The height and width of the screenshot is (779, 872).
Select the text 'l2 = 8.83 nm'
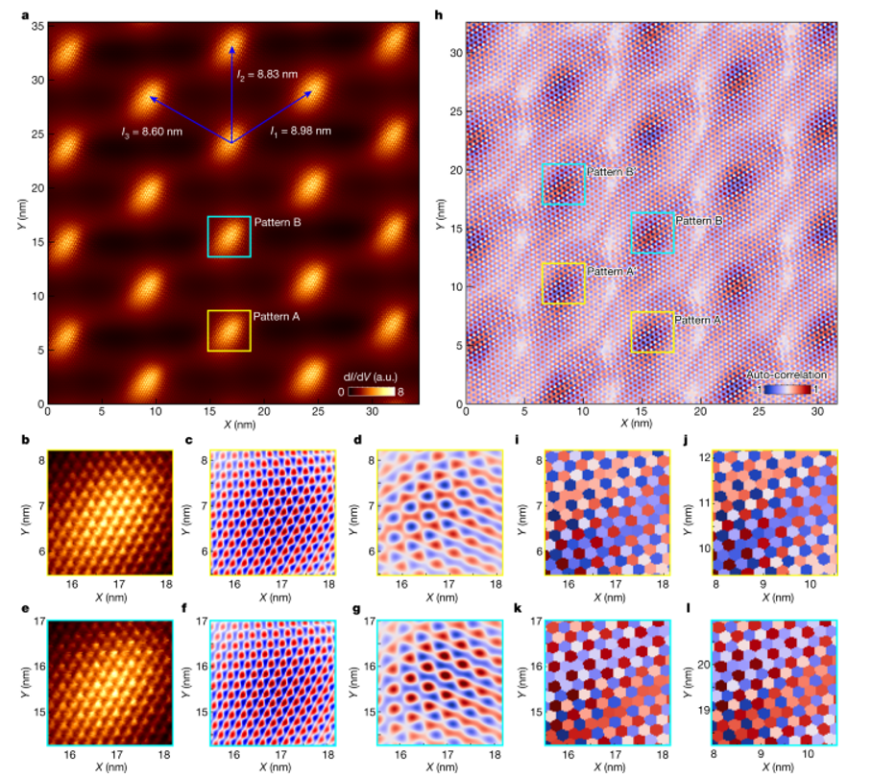click(x=267, y=74)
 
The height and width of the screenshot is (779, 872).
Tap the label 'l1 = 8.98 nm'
click(x=302, y=130)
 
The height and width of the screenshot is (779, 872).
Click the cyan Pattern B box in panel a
click(x=229, y=236)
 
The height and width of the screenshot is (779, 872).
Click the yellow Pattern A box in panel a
click(x=229, y=330)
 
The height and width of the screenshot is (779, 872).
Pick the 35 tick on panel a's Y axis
click(x=36, y=27)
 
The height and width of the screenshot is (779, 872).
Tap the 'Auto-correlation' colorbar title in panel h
click(x=786, y=375)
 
